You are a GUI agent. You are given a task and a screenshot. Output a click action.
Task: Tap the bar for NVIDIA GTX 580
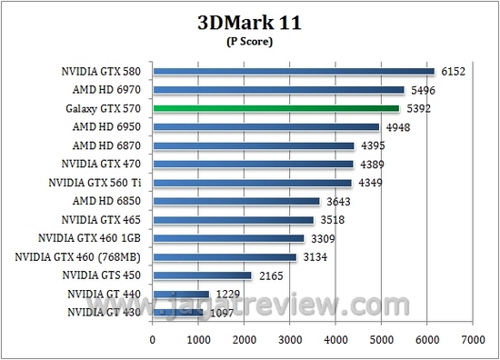point(294,71)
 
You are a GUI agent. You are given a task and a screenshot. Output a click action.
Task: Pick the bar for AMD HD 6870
point(253,145)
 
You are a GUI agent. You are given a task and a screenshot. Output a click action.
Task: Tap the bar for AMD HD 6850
point(236,201)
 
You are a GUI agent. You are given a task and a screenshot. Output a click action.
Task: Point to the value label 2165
point(268,275)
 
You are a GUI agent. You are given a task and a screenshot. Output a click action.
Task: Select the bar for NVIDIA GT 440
point(181,294)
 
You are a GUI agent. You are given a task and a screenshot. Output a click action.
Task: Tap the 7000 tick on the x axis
point(472,340)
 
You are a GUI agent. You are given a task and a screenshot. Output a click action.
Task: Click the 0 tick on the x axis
point(153,340)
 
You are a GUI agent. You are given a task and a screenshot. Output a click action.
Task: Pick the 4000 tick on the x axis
point(335,340)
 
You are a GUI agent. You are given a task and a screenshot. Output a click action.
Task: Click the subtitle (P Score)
point(250,40)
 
